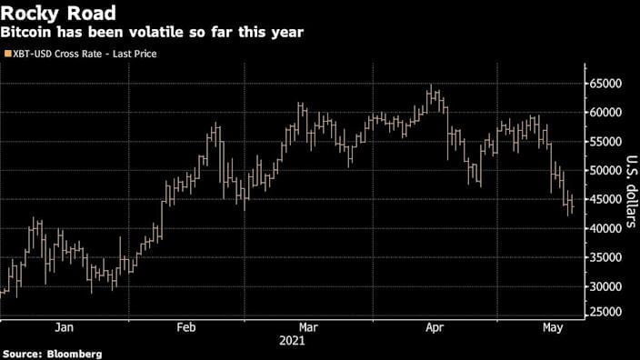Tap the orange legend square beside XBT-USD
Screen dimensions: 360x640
tap(8, 55)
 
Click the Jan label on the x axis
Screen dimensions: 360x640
tap(64, 327)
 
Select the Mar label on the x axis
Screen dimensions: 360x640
tap(307, 327)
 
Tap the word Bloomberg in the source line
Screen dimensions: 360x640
tap(73, 353)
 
